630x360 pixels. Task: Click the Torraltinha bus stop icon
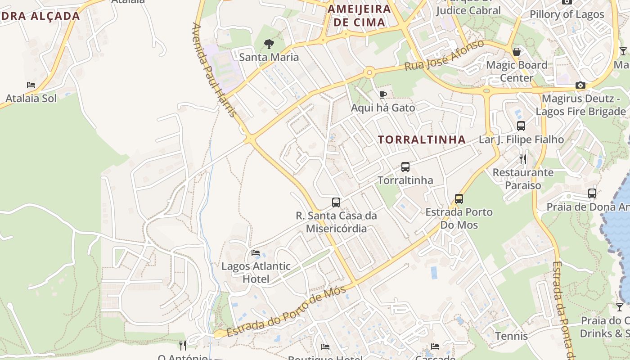[x=405, y=167]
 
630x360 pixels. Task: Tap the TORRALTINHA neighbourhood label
[x=422, y=139]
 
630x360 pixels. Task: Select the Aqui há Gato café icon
[x=382, y=94]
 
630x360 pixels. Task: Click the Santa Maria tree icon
[x=269, y=44]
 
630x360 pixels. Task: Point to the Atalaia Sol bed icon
[x=31, y=85]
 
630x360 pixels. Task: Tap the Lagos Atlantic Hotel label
[x=256, y=272]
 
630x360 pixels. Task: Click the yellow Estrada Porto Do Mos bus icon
[x=459, y=198]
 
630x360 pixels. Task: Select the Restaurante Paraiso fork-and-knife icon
[x=522, y=159]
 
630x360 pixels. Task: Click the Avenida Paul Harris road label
[x=215, y=70]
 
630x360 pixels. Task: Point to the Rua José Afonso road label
[x=444, y=55]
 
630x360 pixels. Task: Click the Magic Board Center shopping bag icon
[x=517, y=51]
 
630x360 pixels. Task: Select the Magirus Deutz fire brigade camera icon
[x=580, y=85]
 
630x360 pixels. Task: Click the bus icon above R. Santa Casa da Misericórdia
[x=336, y=202]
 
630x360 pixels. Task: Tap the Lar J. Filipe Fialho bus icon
[x=521, y=126]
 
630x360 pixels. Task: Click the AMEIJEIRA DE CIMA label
[x=359, y=15]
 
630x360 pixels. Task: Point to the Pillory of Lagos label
[x=567, y=14]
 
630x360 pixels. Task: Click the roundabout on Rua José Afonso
[x=369, y=72]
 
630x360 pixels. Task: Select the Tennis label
[x=511, y=336]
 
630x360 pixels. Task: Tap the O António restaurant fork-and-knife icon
[x=182, y=345]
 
